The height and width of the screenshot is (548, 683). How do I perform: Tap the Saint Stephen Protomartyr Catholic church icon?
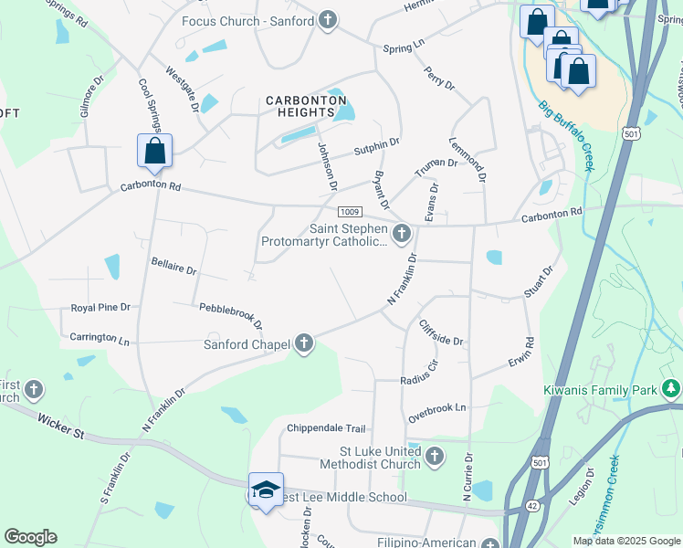click(401, 236)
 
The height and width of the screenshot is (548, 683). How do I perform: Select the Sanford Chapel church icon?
click(304, 344)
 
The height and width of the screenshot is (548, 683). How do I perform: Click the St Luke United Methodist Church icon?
click(435, 456)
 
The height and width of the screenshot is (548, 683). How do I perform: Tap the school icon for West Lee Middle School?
click(265, 490)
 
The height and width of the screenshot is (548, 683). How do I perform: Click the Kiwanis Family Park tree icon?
click(672, 390)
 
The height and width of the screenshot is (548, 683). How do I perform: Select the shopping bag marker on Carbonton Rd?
click(154, 153)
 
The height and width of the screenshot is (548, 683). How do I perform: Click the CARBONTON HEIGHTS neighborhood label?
click(300, 106)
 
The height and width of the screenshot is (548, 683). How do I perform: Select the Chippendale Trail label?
click(326, 428)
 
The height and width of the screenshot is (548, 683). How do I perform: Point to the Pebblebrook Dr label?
click(231, 315)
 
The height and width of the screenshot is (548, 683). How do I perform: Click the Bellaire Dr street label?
click(173, 266)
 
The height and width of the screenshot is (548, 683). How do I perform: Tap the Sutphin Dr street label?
click(376, 144)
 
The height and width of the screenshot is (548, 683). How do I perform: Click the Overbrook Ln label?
click(437, 408)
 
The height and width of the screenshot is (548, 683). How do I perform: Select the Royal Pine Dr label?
click(100, 308)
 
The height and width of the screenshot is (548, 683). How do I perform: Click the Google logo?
click(30, 537)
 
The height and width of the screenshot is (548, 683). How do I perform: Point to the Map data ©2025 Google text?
click(626, 541)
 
